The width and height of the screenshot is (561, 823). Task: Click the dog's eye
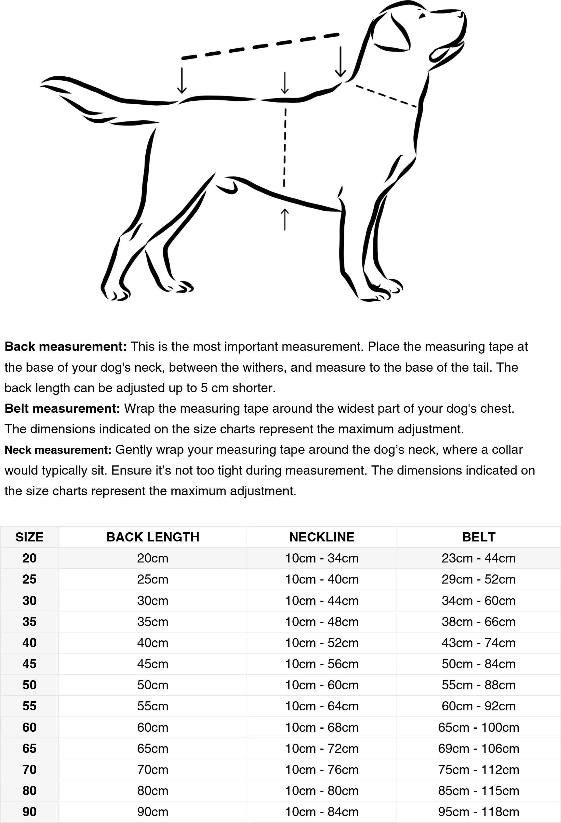422,16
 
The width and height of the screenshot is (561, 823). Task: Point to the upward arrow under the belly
284,219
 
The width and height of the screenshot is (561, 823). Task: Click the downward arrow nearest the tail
182,80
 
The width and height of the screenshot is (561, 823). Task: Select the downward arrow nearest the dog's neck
340,62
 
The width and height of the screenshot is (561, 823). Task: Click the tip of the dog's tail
42,84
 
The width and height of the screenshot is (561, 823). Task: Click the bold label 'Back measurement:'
65,346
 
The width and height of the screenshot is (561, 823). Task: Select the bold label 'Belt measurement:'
62,408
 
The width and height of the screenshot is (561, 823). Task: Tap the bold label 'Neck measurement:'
58,450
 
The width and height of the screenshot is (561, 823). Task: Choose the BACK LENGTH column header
153,537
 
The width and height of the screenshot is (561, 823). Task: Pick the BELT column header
478,537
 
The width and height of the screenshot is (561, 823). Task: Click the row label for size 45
30,664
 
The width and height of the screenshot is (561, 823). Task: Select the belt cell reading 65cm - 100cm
478,727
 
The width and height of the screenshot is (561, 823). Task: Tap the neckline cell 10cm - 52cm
322,643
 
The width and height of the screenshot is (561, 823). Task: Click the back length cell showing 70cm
153,769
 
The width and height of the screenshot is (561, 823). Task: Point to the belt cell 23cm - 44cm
478,558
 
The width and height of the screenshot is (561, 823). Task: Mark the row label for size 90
30,812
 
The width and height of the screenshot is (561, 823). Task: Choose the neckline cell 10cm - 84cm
322,812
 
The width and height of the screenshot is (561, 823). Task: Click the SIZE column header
30,537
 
